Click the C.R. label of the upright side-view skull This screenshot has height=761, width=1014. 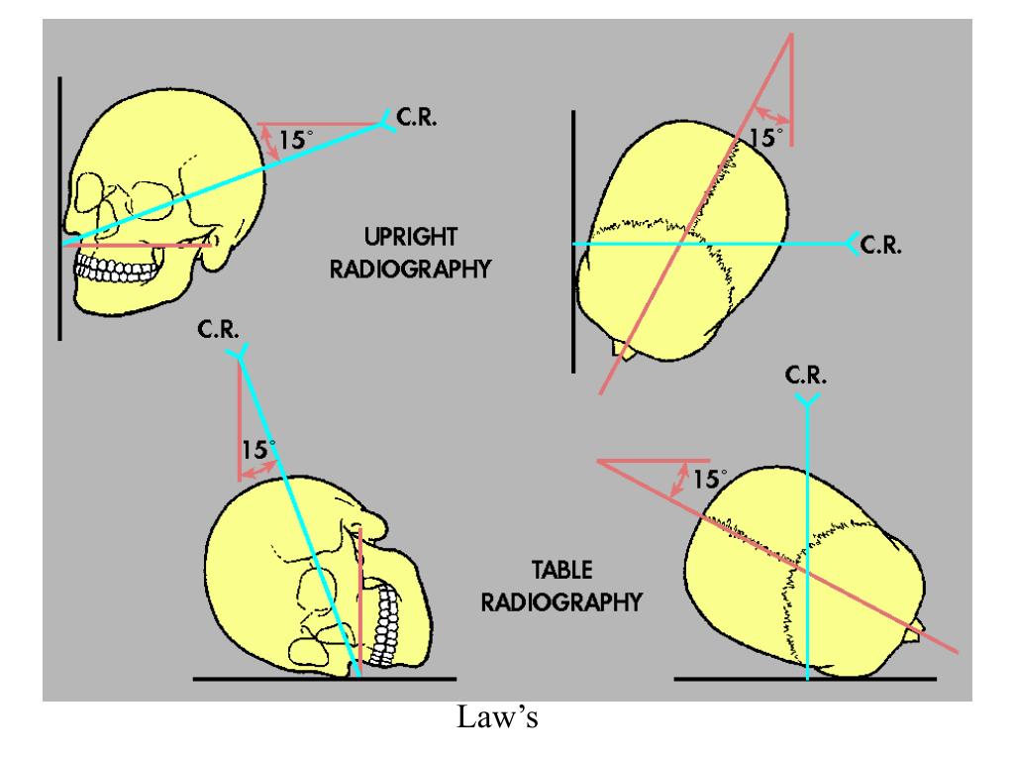click(416, 118)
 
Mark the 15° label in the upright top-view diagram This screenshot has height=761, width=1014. click(764, 137)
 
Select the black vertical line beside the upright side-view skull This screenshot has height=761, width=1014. click(59, 208)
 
